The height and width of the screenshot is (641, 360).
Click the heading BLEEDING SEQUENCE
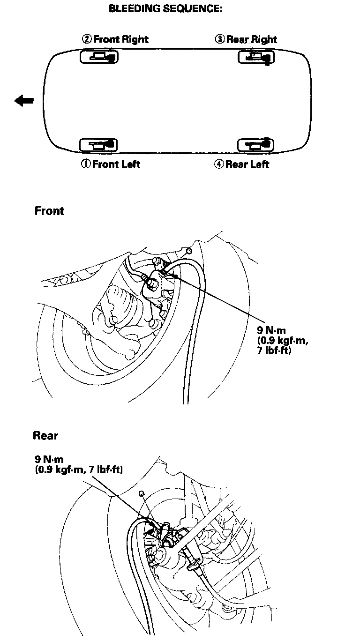point(165,9)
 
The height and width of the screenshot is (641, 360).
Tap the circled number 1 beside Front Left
point(86,164)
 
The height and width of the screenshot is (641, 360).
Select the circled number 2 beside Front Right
point(86,39)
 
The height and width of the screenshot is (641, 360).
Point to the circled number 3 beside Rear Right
point(219,39)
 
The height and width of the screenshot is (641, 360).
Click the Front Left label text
point(116,164)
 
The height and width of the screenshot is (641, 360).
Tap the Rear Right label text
point(252,39)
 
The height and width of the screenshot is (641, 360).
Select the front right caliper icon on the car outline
point(99,57)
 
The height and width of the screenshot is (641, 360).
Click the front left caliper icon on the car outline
point(98,144)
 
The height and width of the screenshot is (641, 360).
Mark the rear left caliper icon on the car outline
point(255,144)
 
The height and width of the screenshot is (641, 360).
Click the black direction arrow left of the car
point(24,100)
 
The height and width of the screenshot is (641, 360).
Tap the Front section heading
point(49,211)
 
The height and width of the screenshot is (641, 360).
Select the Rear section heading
point(45,436)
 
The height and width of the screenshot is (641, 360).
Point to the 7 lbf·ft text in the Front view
point(275,350)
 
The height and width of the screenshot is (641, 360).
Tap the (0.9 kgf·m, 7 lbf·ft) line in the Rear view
point(79,469)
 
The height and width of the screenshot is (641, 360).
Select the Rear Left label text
point(247,164)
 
